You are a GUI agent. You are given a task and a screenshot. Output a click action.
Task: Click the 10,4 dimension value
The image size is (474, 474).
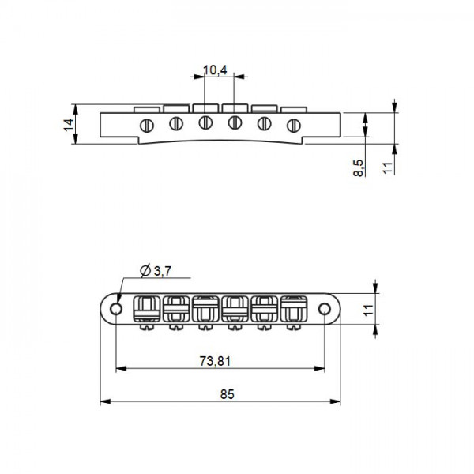215,70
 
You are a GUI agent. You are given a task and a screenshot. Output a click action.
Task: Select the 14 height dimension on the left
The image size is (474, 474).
68,124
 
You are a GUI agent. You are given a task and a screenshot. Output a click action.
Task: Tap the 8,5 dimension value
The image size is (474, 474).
359,167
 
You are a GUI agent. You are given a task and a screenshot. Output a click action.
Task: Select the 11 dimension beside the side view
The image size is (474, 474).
388,167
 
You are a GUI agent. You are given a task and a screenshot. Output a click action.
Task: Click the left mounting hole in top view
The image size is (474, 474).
117,308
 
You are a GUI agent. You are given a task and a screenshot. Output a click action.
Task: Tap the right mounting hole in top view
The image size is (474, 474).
325,308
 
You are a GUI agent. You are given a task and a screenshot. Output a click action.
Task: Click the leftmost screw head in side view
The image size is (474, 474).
146,124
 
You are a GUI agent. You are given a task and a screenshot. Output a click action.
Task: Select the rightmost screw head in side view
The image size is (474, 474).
294,124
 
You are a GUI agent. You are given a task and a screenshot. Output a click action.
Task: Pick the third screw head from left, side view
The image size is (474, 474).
205,122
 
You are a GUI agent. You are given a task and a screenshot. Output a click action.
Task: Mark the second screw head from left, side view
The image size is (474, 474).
176,122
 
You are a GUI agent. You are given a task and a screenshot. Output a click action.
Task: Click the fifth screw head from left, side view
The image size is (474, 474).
265,122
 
